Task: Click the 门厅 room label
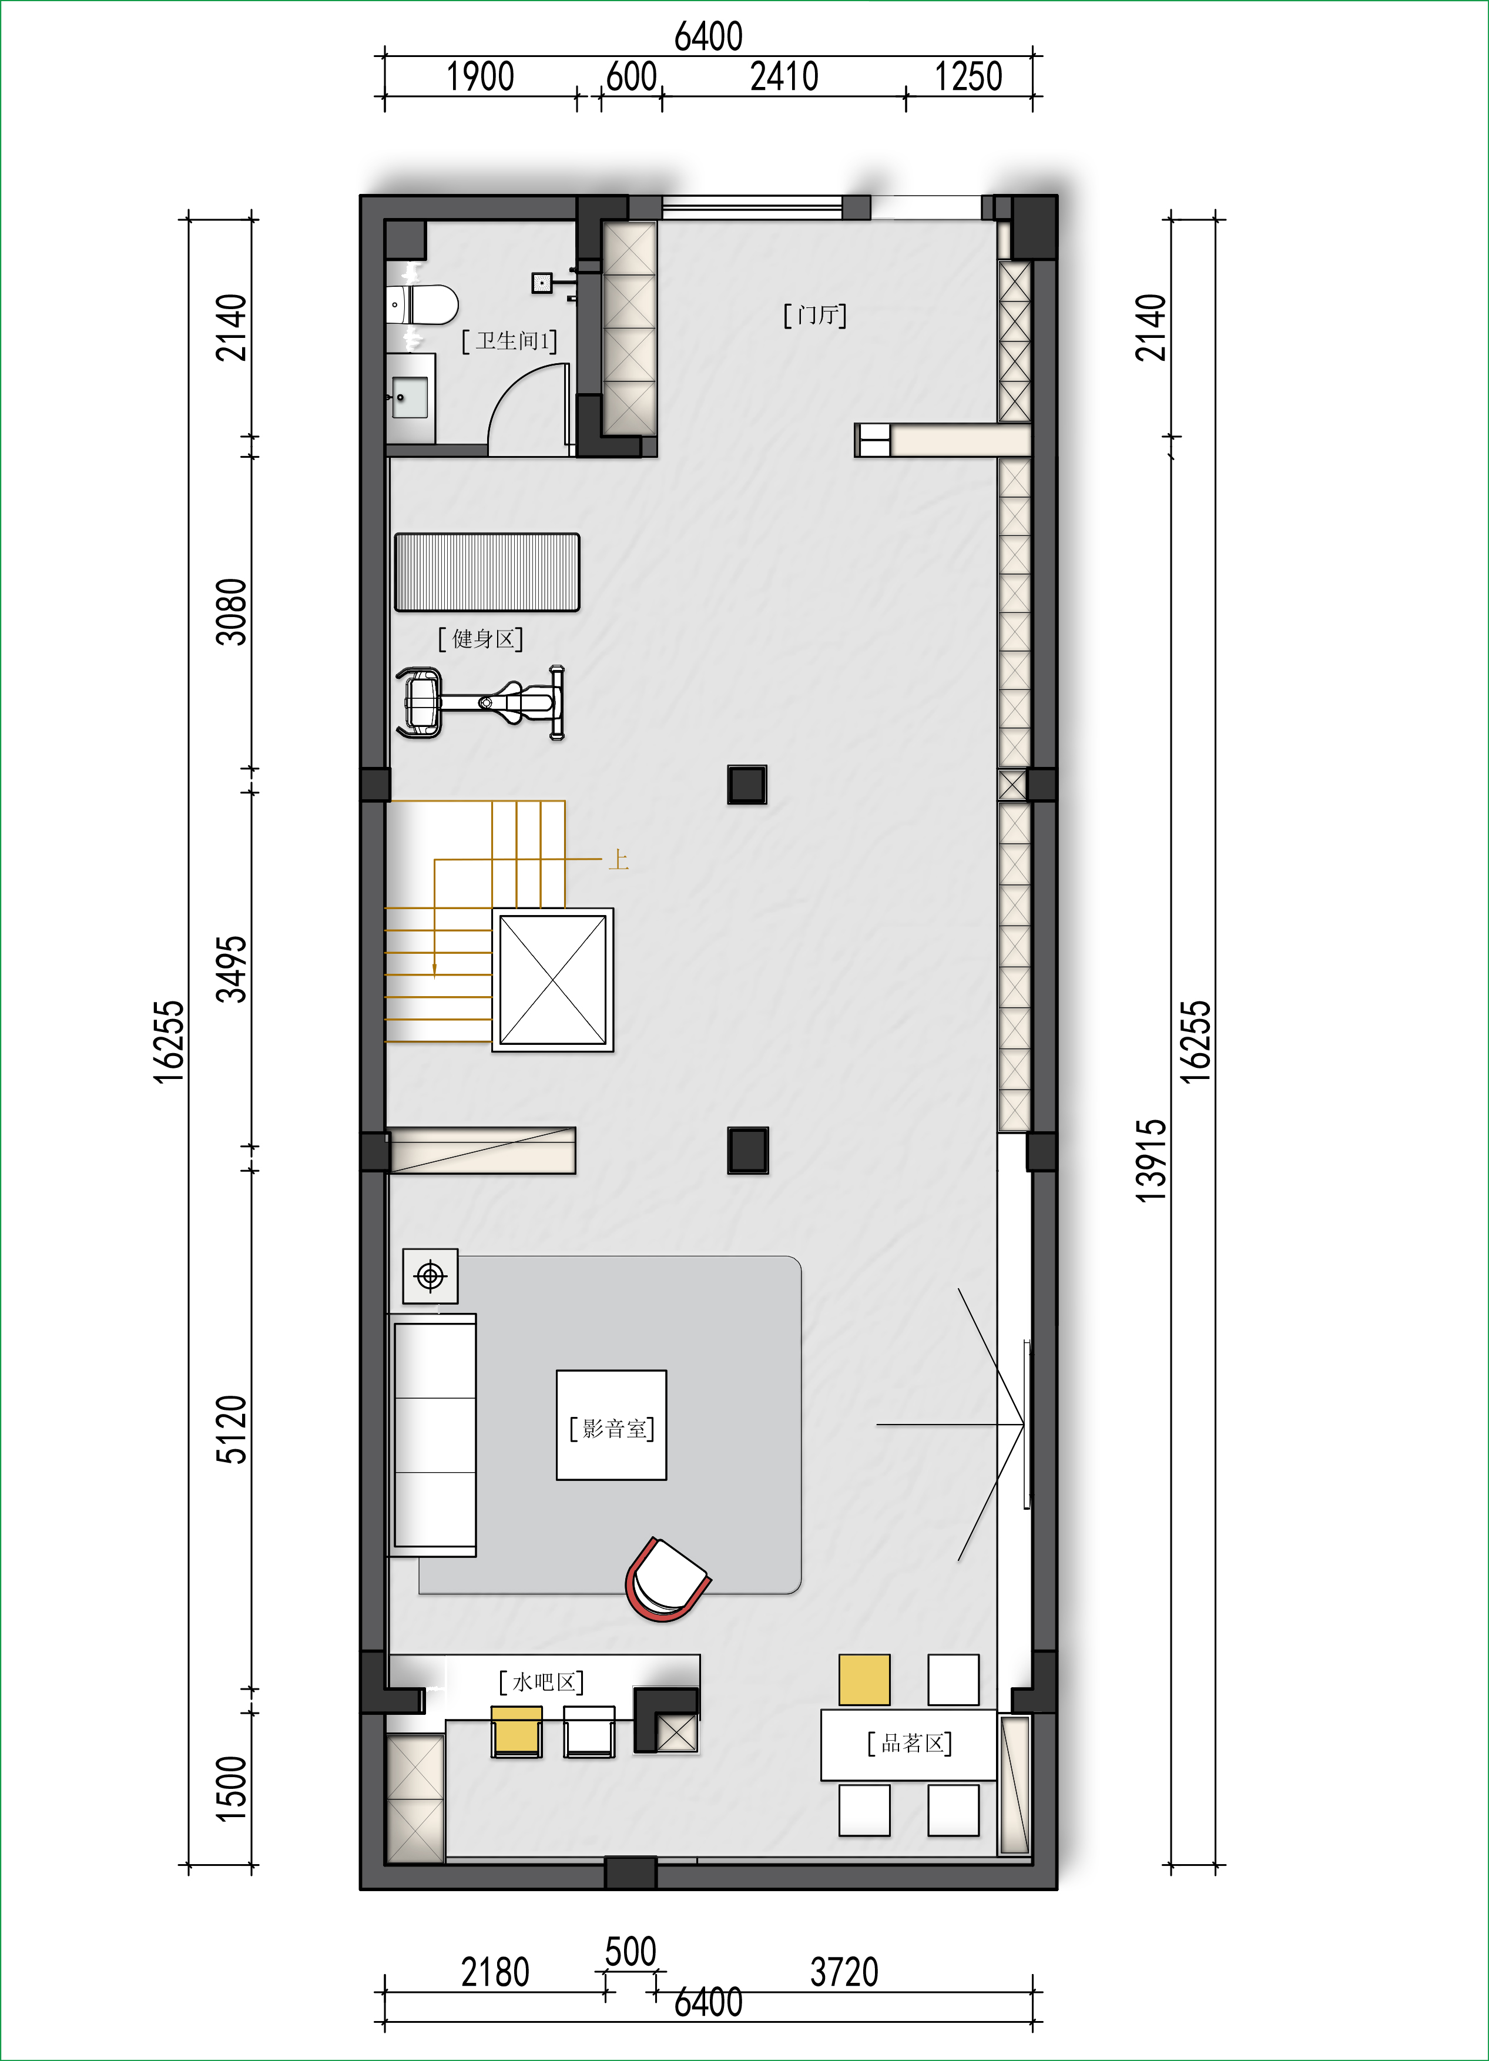(x=815, y=316)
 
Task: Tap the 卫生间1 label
(x=509, y=341)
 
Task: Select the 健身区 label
(x=481, y=639)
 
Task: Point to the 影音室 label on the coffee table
(x=612, y=1429)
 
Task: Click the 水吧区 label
(x=541, y=1682)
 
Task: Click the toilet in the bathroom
(x=422, y=306)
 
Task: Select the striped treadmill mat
(x=487, y=572)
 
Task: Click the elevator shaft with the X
(x=552, y=980)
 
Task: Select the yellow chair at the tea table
(x=864, y=1680)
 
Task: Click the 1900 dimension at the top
(x=479, y=76)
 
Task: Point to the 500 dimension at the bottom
(x=631, y=1951)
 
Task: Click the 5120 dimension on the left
(x=231, y=1429)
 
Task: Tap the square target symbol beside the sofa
(x=431, y=1276)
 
